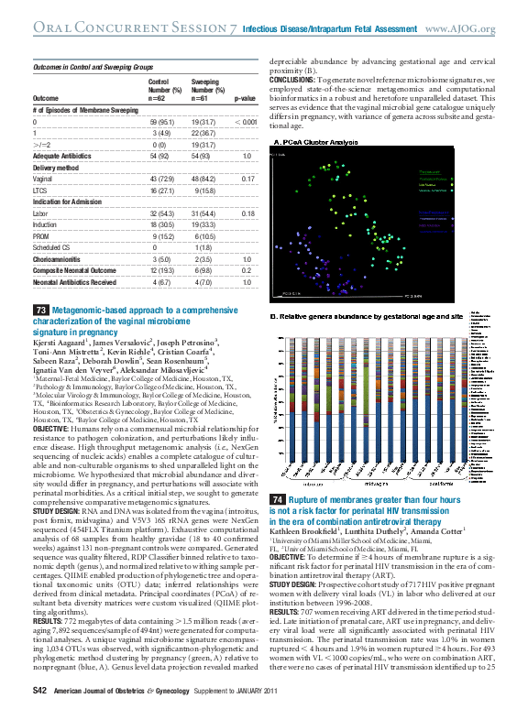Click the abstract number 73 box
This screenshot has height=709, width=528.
(x=41, y=311)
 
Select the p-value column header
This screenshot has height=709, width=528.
(x=245, y=96)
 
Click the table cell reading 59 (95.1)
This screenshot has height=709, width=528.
(x=162, y=122)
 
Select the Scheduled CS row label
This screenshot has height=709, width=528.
(x=53, y=248)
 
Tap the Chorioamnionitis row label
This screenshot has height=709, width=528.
(x=60, y=260)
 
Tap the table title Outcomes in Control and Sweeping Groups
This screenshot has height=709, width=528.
(x=93, y=68)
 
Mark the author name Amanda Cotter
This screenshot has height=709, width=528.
(x=436, y=531)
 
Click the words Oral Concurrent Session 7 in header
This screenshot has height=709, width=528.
(x=133, y=29)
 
